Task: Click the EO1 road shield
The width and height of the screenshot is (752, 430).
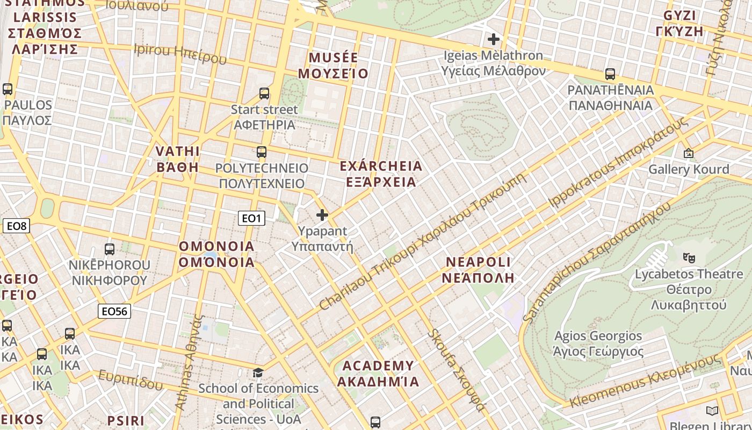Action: click(251, 218)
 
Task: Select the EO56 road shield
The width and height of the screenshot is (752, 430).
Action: click(114, 311)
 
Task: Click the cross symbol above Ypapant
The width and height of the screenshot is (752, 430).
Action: click(322, 215)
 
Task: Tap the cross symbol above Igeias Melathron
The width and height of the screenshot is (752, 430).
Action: click(493, 39)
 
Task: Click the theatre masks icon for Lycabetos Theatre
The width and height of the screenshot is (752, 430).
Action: click(689, 257)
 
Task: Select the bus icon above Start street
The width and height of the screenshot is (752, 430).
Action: click(264, 93)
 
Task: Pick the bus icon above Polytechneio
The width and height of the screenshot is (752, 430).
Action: click(262, 152)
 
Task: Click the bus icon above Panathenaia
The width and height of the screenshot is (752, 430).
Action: click(610, 74)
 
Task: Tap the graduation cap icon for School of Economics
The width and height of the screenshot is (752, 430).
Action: click(258, 372)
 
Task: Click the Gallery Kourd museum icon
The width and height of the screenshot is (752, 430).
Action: click(689, 153)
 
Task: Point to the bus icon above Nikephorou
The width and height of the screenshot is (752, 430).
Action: click(110, 249)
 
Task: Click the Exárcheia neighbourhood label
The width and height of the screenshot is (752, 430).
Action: click(381, 174)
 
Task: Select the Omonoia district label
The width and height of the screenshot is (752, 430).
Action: click(216, 254)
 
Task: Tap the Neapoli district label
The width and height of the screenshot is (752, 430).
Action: click(479, 270)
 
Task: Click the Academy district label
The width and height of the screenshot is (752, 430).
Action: click(378, 374)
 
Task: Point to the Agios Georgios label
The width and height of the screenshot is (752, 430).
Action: click(598, 343)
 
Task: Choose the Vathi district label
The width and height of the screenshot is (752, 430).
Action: click(178, 159)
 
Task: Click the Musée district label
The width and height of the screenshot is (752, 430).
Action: click(333, 66)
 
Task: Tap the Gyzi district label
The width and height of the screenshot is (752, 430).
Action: click(679, 23)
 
